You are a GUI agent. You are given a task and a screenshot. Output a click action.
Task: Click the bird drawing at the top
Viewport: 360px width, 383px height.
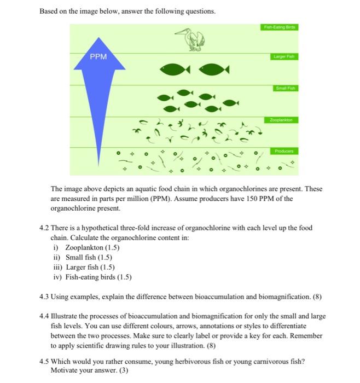pos(193,39)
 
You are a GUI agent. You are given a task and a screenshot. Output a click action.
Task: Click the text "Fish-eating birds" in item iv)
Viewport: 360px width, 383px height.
pos(90,277)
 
